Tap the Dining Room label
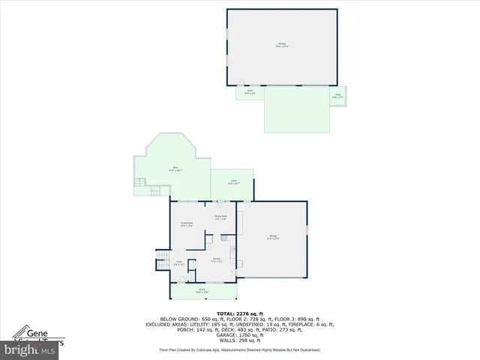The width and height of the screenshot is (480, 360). [x=220, y=217]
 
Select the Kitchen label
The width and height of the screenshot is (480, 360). [x=216, y=260]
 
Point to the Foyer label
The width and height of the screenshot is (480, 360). [x=179, y=263]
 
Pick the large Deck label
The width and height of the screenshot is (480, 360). [x=175, y=168]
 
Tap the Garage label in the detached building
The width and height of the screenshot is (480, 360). [x=283, y=46]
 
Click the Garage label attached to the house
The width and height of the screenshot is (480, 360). [x=274, y=238]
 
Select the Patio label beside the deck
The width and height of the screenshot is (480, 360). [x=232, y=182]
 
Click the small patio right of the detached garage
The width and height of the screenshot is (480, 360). [x=337, y=96]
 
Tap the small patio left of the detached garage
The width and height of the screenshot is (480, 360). [x=250, y=93]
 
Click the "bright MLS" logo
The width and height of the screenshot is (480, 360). [x=30, y=349]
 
